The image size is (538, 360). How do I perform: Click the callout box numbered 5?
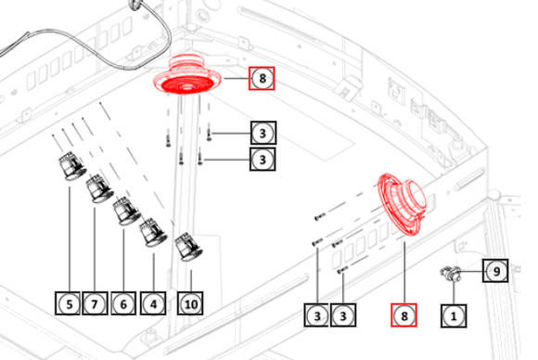(68, 303)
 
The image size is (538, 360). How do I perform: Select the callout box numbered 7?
(95, 303)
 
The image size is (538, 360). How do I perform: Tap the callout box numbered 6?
(123, 303)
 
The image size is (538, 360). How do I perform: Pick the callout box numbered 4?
(153, 303)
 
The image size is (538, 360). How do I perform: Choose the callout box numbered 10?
(190, 303)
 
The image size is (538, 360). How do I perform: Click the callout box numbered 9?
(495, 271)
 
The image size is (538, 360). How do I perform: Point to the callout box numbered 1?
(454, 315)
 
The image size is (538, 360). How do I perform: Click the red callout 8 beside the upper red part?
(262, 78)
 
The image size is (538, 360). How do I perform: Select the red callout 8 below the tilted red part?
(403, 315)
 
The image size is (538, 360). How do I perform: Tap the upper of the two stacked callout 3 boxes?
(263, 133)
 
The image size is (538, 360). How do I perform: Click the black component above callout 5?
(72, 166)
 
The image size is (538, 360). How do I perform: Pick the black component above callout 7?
(99, 188)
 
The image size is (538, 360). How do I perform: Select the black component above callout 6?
(127, 211)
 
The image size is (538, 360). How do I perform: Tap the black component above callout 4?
(153, 232)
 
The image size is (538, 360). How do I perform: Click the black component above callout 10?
(188, 247)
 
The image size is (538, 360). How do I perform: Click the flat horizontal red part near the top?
(186, 76)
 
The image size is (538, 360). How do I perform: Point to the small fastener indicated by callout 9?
(449, 273)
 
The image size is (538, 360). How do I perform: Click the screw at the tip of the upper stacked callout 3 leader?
(209, 135)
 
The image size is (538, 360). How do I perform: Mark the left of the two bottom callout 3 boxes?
(316, 315)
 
